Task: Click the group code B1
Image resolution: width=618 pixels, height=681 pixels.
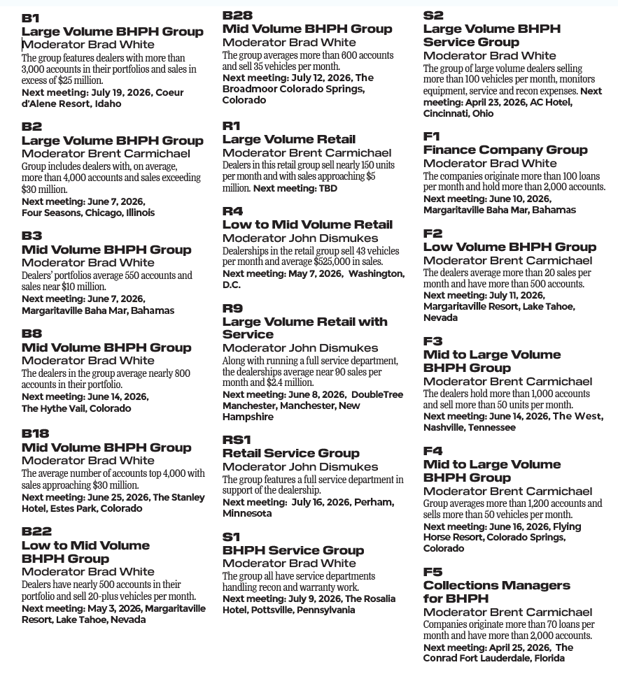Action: pyautogui.click(x=31, y=18)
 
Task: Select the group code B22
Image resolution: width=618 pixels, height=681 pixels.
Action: pyautogui.click(x=36, y=532)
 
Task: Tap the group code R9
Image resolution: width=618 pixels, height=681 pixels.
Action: pyautogui.click(x=232, y=308)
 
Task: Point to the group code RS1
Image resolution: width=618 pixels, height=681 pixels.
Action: pyautogui.click(x=237, y=440)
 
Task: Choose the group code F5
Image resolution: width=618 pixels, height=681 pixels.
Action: pyautogui.click(x=433, y=572)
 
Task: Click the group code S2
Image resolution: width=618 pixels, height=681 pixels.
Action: pyautogui.click(x=433, y=15)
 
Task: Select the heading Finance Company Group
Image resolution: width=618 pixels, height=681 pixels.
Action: pyautogui.click(x=505, y=150)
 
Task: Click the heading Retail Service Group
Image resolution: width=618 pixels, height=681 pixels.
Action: pyautogui.click(x=290, y=453)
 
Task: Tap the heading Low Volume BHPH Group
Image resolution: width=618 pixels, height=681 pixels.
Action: pyautogui.click(x=510, y=247)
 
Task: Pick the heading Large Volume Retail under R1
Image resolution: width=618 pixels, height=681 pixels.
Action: pyautogui.click(x=288, y=139)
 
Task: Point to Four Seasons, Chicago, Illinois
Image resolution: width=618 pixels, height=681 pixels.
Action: pyautogui.click(x=88, y=213)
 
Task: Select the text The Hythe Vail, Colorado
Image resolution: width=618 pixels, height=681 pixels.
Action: pyautogui.click(x=76, y=408)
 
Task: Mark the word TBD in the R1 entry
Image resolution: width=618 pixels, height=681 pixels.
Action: pyautogui.click(x=328, y=188)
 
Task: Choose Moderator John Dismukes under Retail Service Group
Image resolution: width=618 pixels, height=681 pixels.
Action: pyautogui.click(x=300, y=466)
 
